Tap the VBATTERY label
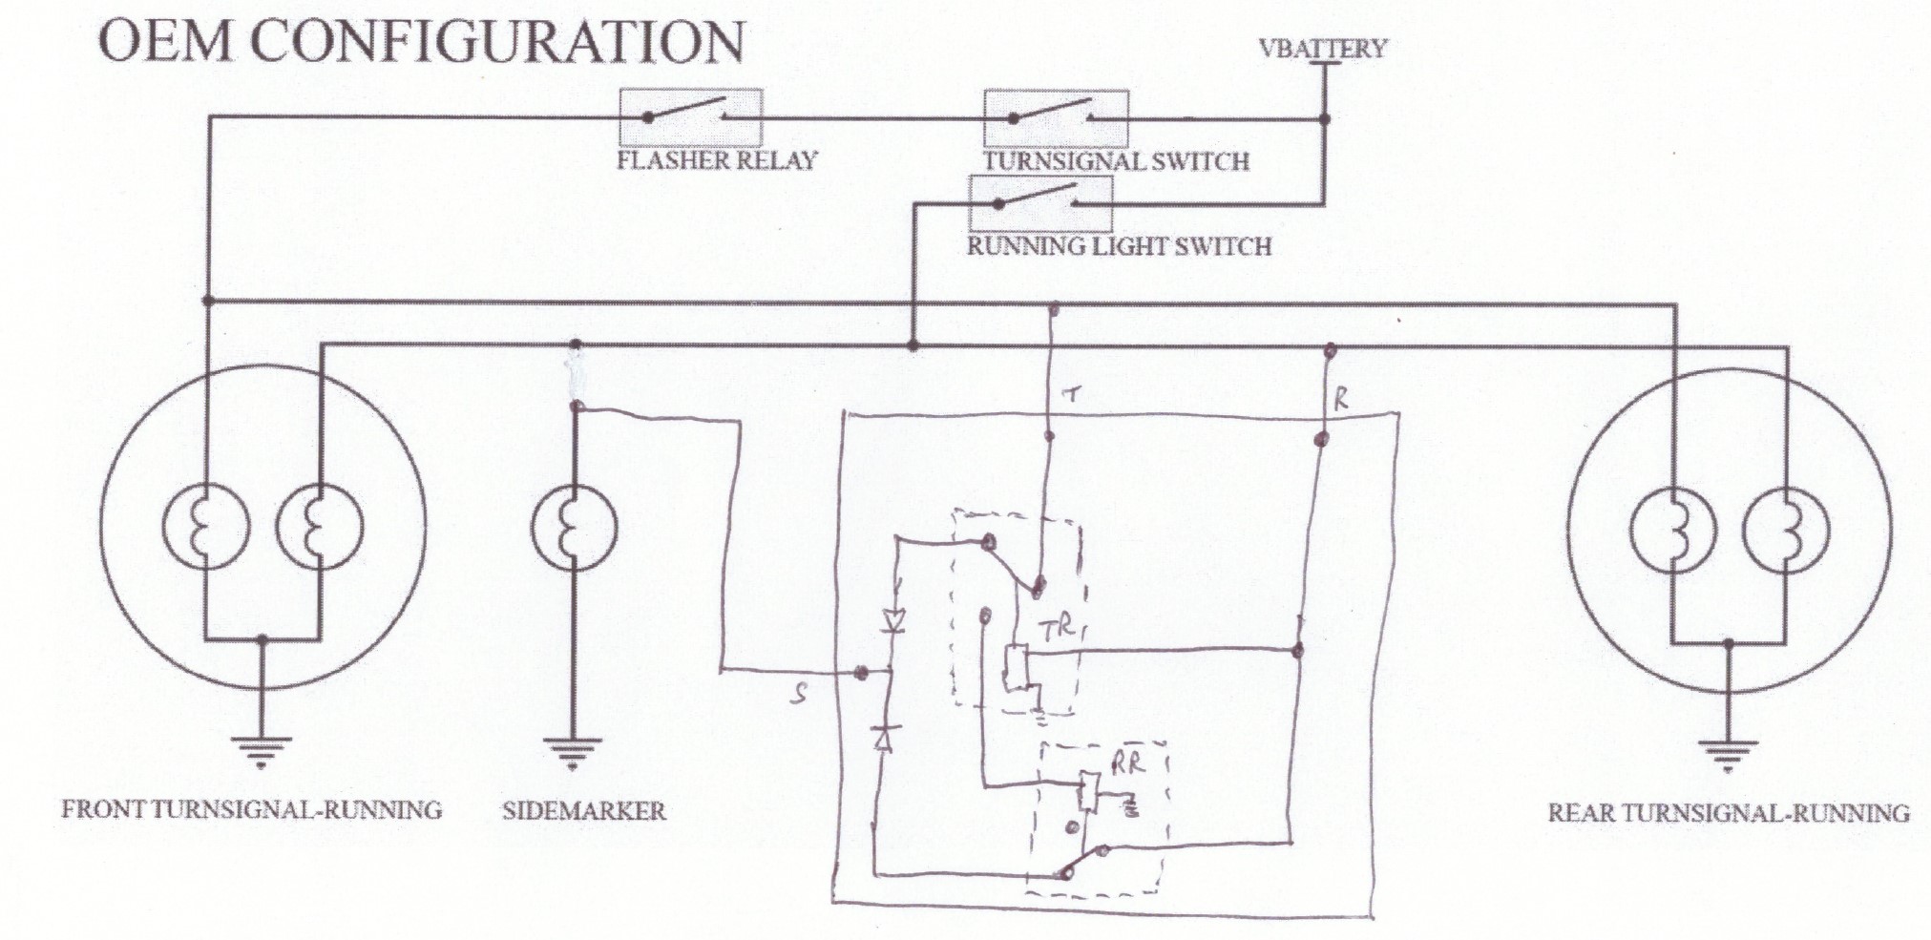pyautogui.click(x=1322, y=48)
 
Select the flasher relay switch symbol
pyautogui.click(x=691, y=116)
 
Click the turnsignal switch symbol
pyautogui.click(x=1056, y=117)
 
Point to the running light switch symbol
pyautogui.click(x=1039, y=201)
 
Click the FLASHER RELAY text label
pyautogui.click(x=717, y=159)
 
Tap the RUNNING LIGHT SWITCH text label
pyautogui.click(x=1119, y=246)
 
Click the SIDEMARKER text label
pyautogui.click(x=583, y=811)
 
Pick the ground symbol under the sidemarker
pyautogui.click(x=573, y=753)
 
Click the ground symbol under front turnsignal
pyautogui.click(x=262, y=751)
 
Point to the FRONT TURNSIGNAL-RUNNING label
pyautogui.click(x=252, y=810)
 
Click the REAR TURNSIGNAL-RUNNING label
pyautogui.click(x=1728, y=813)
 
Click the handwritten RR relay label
pyautogui.click(x=1126, y=762)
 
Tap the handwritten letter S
pyautogui.click(x=799, y=695)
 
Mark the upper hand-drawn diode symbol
pyautogui.click(x=893, y=621)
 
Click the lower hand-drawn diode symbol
pyautogui.click(x=883, y=737)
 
